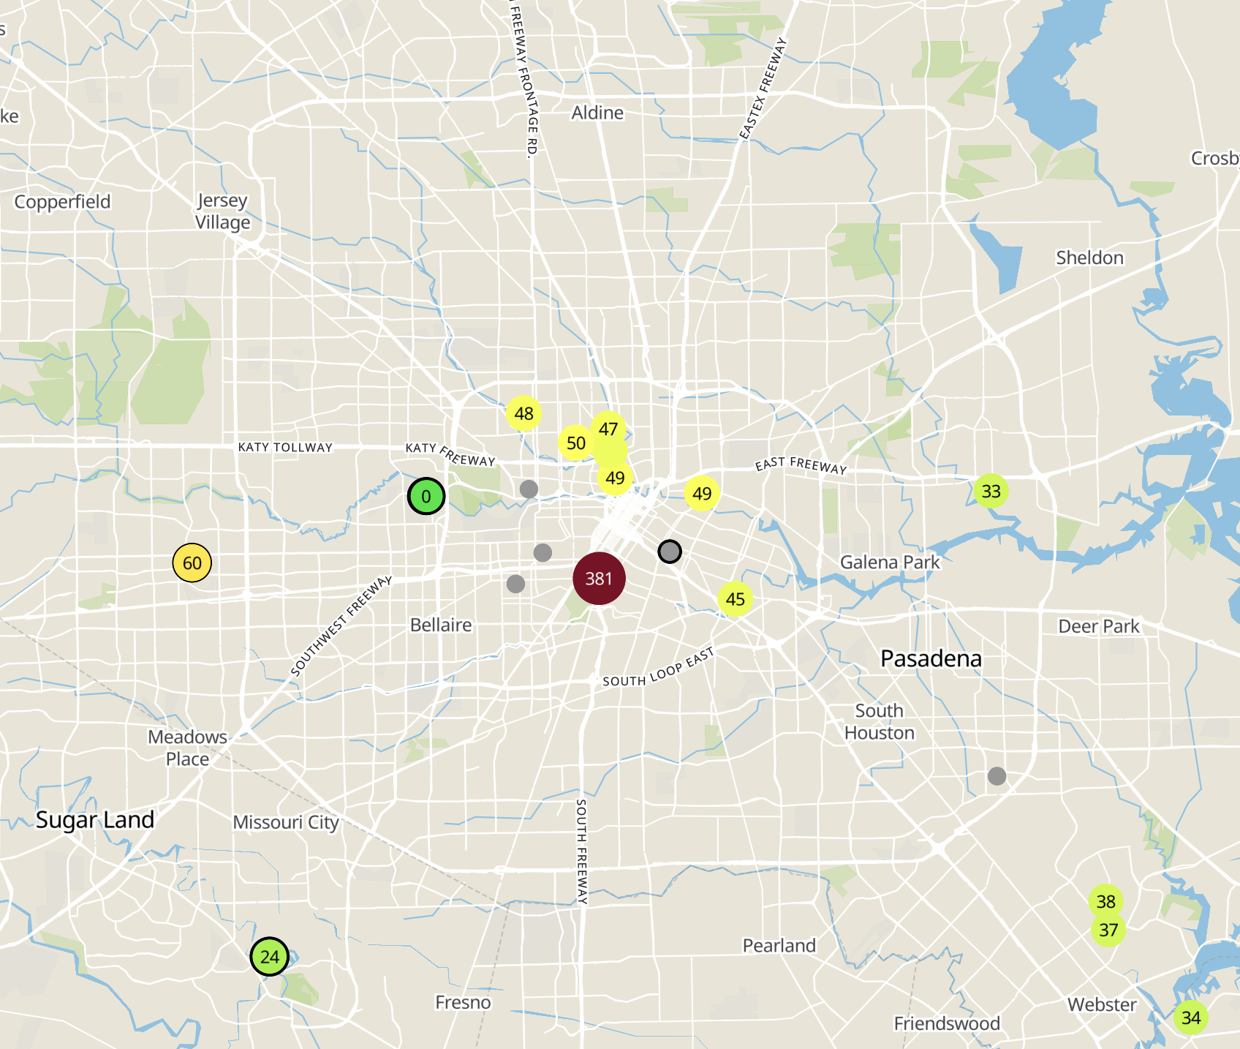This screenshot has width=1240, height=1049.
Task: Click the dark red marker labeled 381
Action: coord(599,579)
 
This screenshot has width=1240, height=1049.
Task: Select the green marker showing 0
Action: coord(426,497)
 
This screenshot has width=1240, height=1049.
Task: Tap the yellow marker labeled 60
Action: coord(192,563)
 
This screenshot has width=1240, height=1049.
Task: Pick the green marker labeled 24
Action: coord(270,957)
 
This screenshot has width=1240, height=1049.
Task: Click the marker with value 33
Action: coord(991,491)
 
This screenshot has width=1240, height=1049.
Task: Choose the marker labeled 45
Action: coord(736,599)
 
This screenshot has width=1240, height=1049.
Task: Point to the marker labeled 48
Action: coord(524,413)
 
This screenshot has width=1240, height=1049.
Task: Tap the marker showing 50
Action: coord(576,443)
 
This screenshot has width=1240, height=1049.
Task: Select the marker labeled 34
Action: coord(1191,1018)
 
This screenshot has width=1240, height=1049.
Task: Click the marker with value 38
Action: coord(1106,901)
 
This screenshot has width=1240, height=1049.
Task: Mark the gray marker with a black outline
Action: coord(670,551)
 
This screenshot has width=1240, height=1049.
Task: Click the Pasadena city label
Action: coord(931,658)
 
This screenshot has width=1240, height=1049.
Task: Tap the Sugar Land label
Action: coord(95,819)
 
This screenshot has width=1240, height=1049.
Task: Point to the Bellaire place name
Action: coord(441,625)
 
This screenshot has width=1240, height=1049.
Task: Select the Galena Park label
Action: coord(890,562)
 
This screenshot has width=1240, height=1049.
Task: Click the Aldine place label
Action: coord(597,113)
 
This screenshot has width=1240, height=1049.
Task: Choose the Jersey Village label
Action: coord(223,211)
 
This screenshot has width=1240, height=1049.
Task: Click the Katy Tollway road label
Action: coord(285,447)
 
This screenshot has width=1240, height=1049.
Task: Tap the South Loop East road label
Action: coord(657,667)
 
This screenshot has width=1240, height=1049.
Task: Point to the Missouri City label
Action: coord(286,822)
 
